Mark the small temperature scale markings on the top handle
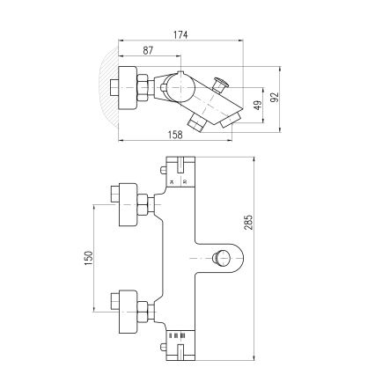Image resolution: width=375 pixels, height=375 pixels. tap(178, 180)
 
